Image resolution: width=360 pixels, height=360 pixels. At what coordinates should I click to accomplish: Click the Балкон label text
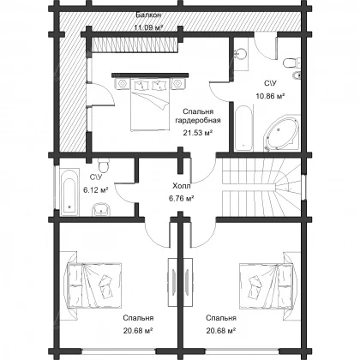pyautogui.click(x=148, y=15)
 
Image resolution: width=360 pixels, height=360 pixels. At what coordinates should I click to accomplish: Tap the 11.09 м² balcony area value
pyautogui.click(x=148, y=27)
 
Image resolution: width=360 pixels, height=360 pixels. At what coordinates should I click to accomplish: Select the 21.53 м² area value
pyautogui.click(x=197, y=133)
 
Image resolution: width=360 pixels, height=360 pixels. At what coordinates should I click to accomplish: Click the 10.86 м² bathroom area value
pyautogui.click(x=270, y=96)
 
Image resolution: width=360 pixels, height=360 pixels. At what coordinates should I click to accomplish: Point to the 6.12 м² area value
pyautogui.click(x=96, y=189)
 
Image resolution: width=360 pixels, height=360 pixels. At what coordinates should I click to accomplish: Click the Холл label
pyautogui.click(x=182, y=186)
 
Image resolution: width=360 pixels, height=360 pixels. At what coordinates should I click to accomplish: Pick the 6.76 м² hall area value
pyautogui.click(x=182, y=198)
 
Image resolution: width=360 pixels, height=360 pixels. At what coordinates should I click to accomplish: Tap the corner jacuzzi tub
pyautogui.click(x=282, y=132)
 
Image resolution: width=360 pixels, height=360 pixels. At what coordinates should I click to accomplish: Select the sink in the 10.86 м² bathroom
pyautogui.click(x=241, y=54)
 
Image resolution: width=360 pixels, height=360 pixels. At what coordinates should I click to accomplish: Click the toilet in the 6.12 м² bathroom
pyautogui.click(x=103, y=165)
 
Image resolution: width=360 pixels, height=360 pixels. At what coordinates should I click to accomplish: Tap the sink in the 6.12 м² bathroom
pyautogui.click(x=101, y=209)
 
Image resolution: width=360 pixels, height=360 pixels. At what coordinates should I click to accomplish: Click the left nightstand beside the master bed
pyautogui.click(x=123, y=83)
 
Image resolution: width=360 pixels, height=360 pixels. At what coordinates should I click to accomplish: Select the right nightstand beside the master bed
pyautogui.click(x=177, y=83)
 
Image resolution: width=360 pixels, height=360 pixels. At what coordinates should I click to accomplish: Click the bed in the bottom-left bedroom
pyautogui.click(x=94, y=285)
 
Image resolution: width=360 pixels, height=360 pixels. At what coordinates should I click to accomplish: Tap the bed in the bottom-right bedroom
pyautogui.click(x=266, y=285)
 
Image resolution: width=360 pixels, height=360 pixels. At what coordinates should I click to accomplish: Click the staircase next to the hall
pyautogui.click(x=261, y=187)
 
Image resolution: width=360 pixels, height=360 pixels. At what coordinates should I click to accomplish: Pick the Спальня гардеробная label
pyautogui.click(x=198, y=116)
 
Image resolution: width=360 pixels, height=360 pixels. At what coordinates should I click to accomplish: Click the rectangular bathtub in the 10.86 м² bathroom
pyautogui.click(x=243, y=128)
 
